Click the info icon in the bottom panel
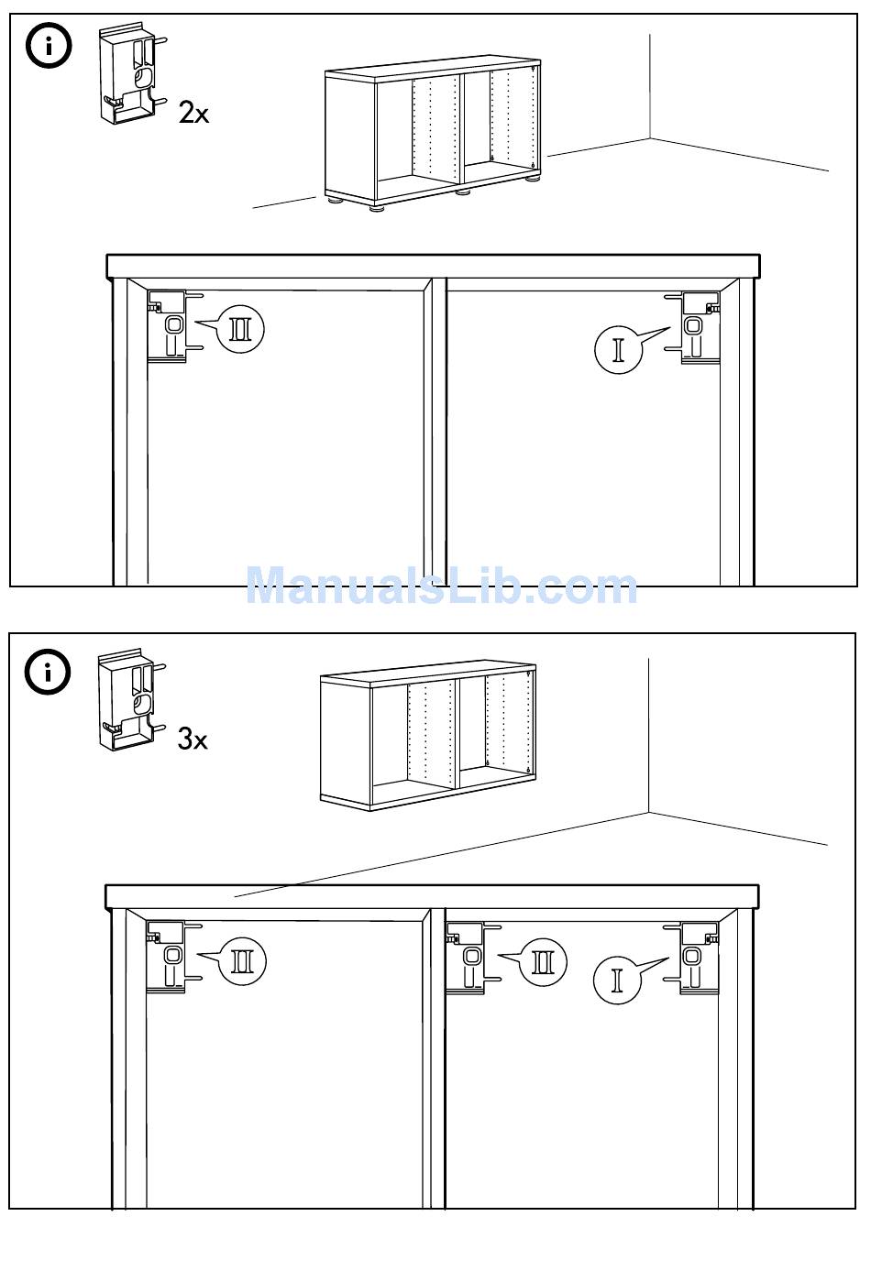coord(49,672)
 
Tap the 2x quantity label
coord(193,114)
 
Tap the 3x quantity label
coord(193,739)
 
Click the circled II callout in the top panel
coord(240,328)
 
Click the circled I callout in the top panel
coord(618,349)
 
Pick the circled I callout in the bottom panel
coord(617,979)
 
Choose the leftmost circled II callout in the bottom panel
coord(242,961)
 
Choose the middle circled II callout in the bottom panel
coord(543,961)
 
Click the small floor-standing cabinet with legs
coord(431,136)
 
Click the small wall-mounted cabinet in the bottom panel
coord(428,739)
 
